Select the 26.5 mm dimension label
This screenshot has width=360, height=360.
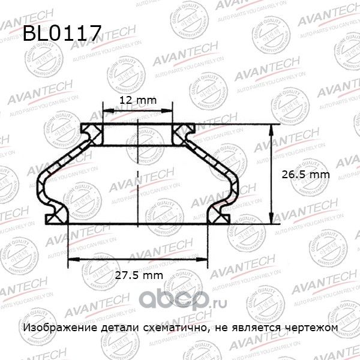[306, 174]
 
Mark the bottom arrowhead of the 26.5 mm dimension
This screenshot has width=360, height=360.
[272, 220]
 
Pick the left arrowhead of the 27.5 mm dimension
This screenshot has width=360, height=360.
[70, 260]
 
